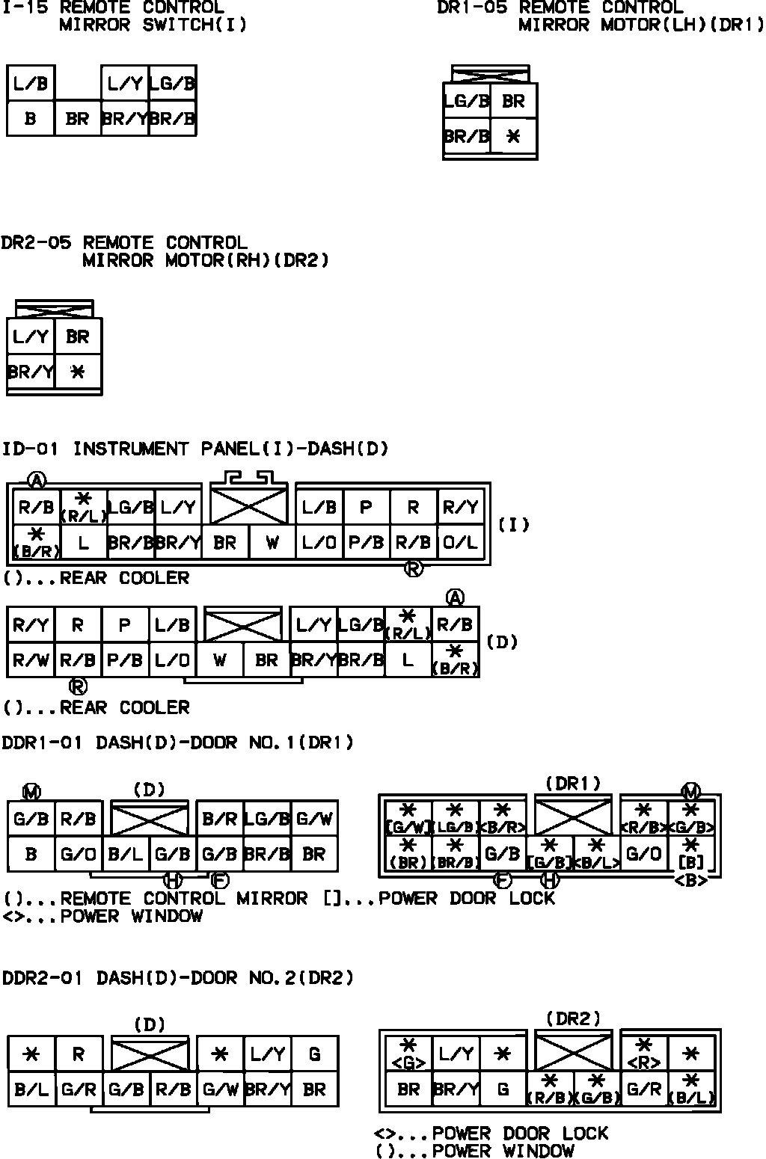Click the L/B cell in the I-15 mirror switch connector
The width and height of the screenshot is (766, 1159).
click(x=31, y=84)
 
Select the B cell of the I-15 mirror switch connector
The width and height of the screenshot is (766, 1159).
click(x=31, y=119)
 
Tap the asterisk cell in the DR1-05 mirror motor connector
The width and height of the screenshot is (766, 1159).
click(x=513, y=137)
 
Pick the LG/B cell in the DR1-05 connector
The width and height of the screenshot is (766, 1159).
click(x=467, y=101)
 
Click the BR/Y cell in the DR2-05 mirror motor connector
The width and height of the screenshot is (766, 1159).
click(x=31, y=372)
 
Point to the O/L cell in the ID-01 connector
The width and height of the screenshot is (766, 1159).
click(x=460, y=543)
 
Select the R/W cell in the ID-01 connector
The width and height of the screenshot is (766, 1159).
click(x=31, y=660)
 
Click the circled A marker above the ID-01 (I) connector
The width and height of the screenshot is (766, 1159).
click(x=36, y=480)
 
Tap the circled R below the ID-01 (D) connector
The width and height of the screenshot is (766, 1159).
click(x=78, y=686)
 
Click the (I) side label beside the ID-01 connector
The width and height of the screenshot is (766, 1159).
click(x=514, y=525)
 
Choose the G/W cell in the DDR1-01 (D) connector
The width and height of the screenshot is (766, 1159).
click(x=314, y=820)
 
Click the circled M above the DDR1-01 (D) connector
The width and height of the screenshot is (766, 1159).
click(x=31, y=791)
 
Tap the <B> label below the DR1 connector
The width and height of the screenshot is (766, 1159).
click(x=690, y=881)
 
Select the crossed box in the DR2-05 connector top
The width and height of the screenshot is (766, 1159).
click(x=55, y=309)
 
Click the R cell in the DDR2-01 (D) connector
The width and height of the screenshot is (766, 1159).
click(x=79, y=1054)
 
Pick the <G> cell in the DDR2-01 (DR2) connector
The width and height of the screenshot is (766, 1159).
click(x=408, y=1054)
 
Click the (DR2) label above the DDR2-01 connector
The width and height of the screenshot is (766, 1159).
click(x=573, y=1018)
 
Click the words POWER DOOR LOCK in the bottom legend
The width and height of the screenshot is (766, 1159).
click(x=520, y=1134)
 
